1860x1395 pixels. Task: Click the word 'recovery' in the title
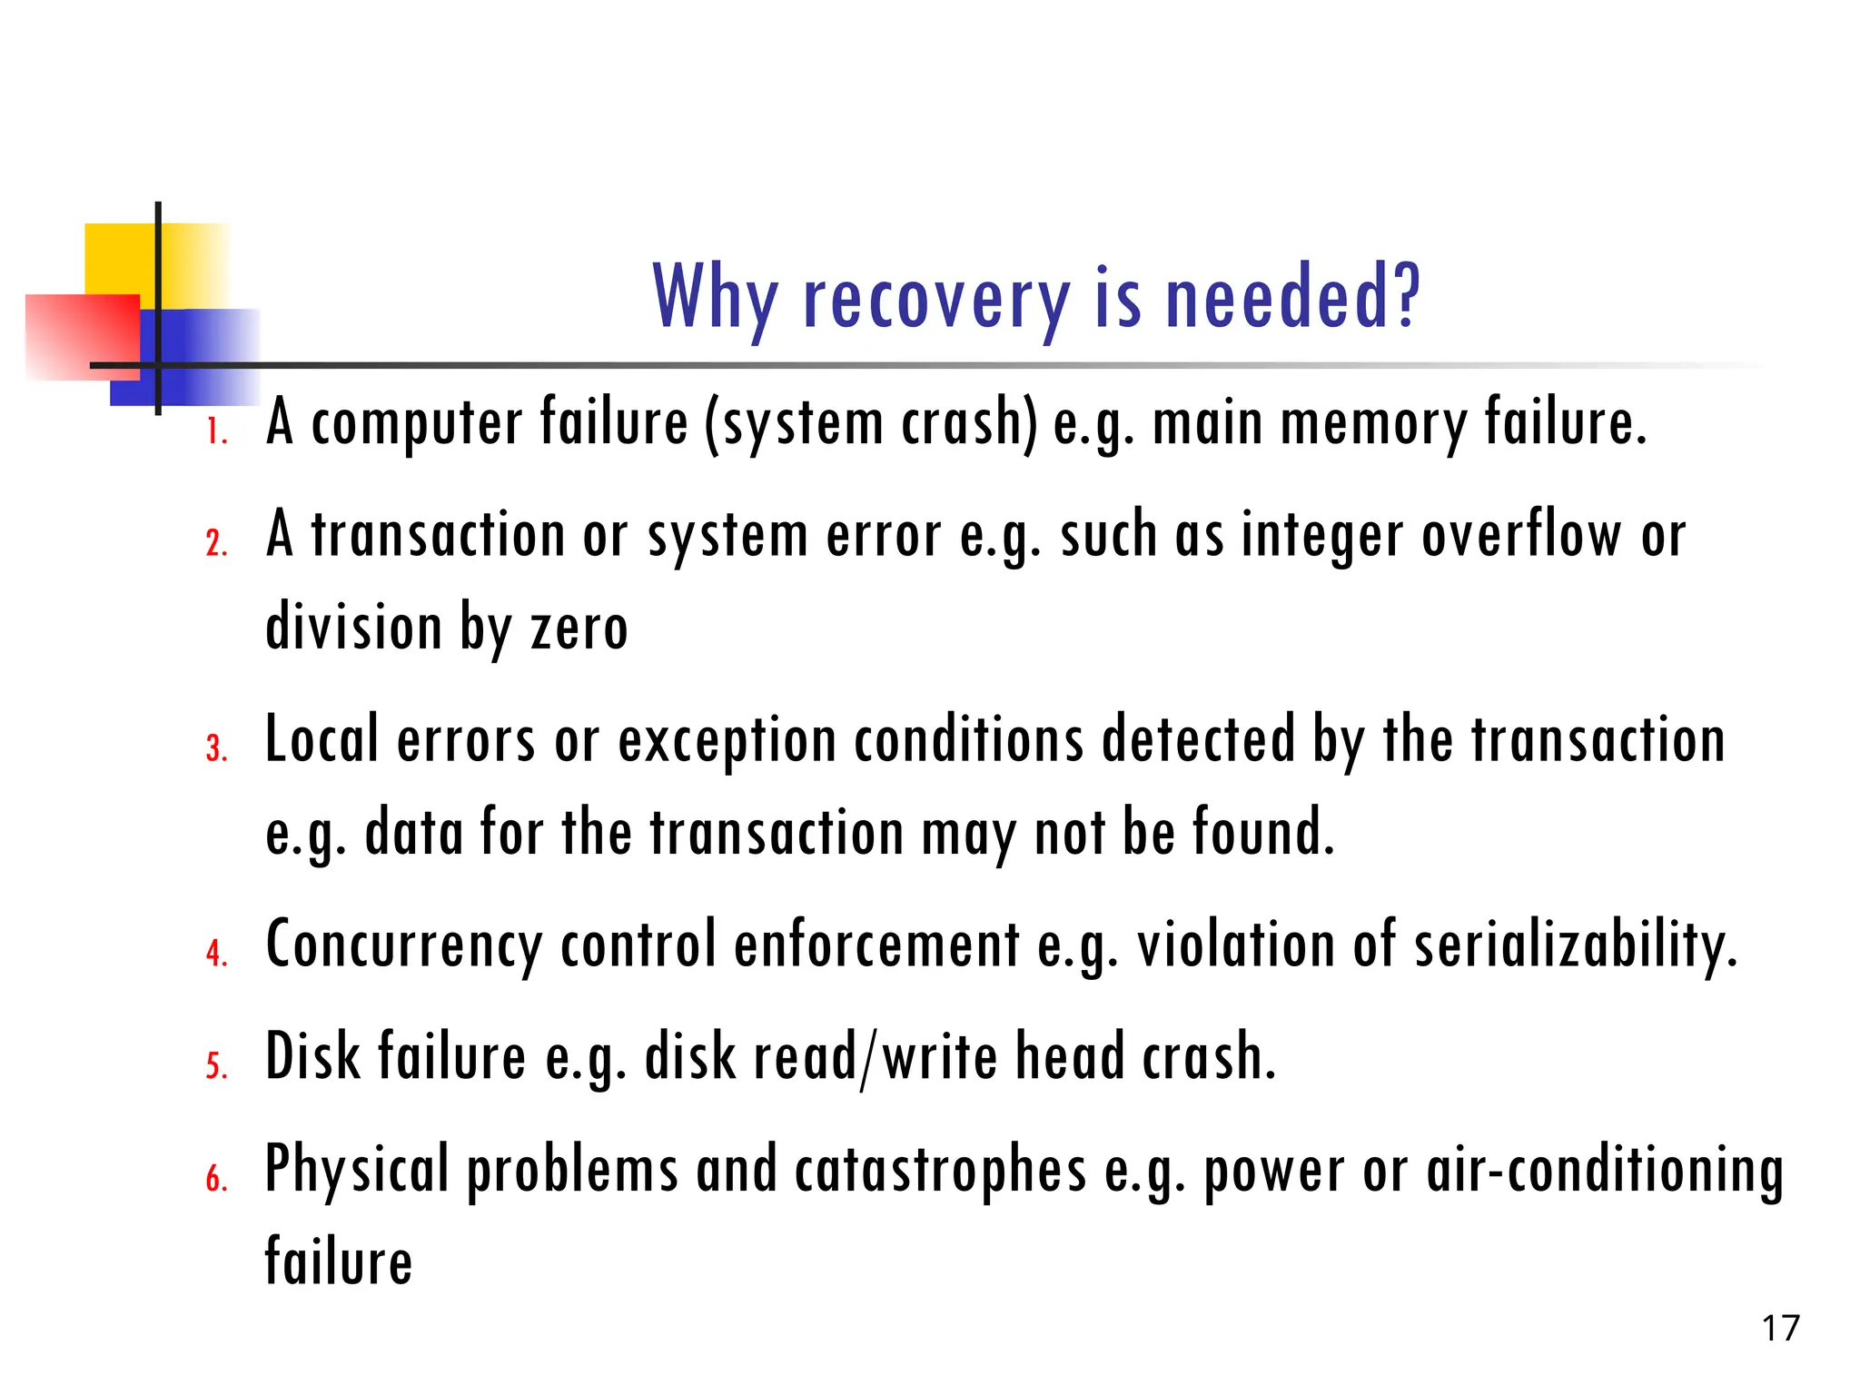click(x=936, y=300)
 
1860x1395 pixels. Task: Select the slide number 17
click(x=1780, y=1329)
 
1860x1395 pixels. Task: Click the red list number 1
click(x=216, y=431)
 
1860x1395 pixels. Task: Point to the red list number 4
click(x=216, y=953)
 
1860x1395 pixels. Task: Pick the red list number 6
click(x=216, y=1179)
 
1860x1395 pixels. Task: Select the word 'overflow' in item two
click(x=1521, y=536)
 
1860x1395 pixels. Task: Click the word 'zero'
click(x=579, y=628)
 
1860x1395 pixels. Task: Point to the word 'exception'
click(x=727, y=741)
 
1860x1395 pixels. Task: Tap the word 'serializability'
click(x=1575, y=945)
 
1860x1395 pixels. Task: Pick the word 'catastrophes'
click(x=940, y=1171)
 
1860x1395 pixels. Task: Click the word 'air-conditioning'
click(x=1604, y=1171)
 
